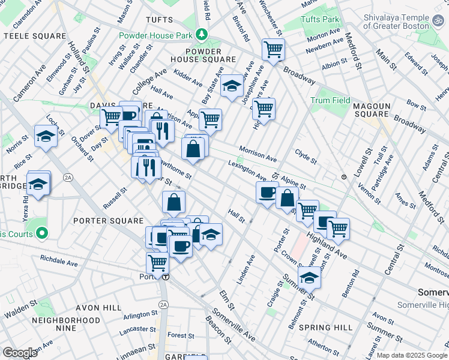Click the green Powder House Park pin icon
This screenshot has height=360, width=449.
pyautogui.click(x=203, y=35)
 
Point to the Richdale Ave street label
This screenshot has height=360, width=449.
pyautogui.click(x=59, y=262)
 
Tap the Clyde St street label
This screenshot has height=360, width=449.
pyautogui.click(x=306, y=157)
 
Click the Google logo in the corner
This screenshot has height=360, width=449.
pyautogui.click(x=20, y=353)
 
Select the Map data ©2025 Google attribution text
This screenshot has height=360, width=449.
pyautogui.click(x=411, y=355)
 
